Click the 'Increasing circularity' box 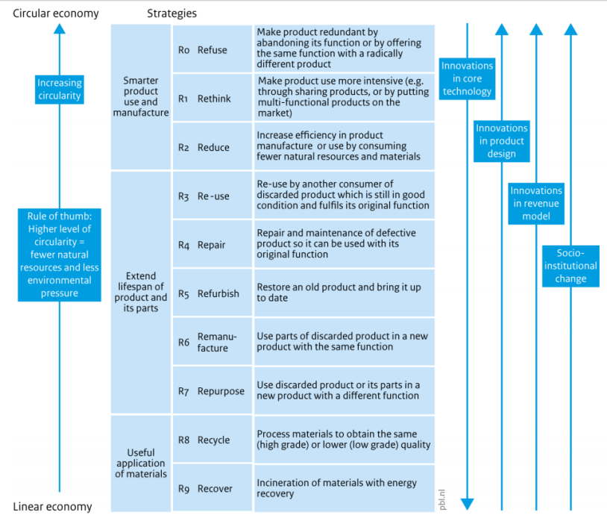pyautogui.click(x=60, y=89)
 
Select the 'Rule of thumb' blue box pyautogui.click(x=60, y=254)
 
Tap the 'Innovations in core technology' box pyautogui.click(x=468, y=78)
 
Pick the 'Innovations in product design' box pyautogui.click(x=502, y=141)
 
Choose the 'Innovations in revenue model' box pyautogui.click(x=536, y=203)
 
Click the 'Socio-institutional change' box pyautogui.click(x=570, y=266)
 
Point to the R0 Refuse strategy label pyautogui.click(x=203, y=50)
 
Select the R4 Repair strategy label pyautogui.click(x=202, y=245)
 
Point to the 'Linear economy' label pyautogui.click(x=52, y=507)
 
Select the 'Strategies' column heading pyautogui.click(x=172, y=13)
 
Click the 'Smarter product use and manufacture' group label pyautogui.click(x=141, y=96)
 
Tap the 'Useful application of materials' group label pyautogui.click(x=141, y=463)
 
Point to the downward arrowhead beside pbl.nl pyautogui.click(x=468, y=504)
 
